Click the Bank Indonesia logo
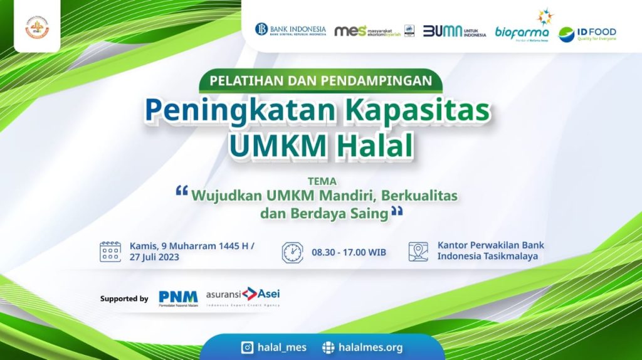click(x=290, y=30)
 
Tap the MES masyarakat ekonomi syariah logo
click(x=367, y=31)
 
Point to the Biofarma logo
click(x=522, y=28)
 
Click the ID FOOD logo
click(x=587, y=33)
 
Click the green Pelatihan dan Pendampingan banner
click(x=321, y=81)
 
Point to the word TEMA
click(x=322, y=182)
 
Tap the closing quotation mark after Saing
click(x=396, y=212)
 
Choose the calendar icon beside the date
click(x=110, y=251)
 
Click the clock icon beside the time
click(x=292, y=252)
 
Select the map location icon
click(x=418, y=251)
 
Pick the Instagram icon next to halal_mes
click(x=247, y=347)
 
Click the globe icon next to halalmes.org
click(x=328, y=347)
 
